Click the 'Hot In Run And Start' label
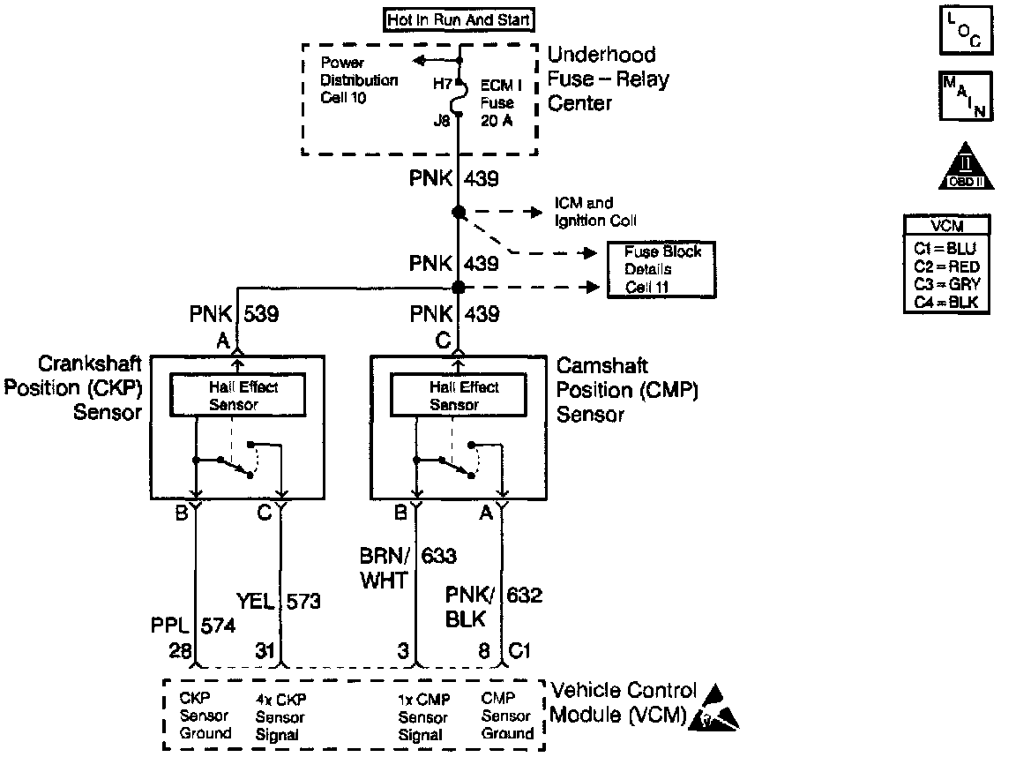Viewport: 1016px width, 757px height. tap(459, 19)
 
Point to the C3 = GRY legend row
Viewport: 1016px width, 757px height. tap(946, 284)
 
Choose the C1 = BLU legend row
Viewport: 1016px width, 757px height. tap(946, 249)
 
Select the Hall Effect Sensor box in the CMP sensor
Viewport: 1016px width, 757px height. tap(455, 395)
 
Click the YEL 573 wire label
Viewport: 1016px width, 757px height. tap(279, 603)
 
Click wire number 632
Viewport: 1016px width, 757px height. tap(524, 596)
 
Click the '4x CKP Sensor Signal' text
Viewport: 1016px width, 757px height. tap(281, 716)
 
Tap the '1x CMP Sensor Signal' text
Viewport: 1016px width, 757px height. tap(422, 716)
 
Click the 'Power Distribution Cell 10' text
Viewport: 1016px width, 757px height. tap(358, 80)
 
